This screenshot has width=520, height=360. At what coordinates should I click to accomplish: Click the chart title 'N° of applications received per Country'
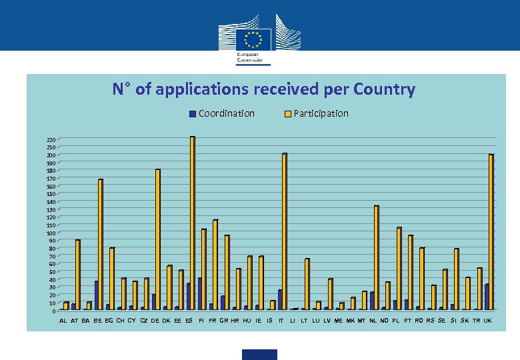pos(263,89)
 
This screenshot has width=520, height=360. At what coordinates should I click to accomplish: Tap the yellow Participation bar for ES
pos(192,223)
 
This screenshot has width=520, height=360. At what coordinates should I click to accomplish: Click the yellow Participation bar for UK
pos(491,232)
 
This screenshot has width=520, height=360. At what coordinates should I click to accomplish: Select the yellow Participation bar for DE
pos(157,239)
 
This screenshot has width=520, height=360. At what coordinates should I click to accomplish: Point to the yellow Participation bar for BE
pos(100,245)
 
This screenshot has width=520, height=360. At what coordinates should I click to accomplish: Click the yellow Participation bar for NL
pos(376,258)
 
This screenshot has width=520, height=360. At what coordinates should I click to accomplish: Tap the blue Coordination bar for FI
pos(199,294)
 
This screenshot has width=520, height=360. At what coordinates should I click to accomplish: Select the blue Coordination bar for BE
pos(96,295)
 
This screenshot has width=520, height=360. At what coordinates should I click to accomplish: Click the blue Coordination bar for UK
pos(487,297)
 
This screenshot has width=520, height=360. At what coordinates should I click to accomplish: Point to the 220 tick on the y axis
pos(51,140)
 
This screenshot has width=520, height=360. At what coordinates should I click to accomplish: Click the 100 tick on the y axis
pos(51,233)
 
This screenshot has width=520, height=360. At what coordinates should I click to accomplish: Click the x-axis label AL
pos(63,321)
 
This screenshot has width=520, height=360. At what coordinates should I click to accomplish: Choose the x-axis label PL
pos(396,321)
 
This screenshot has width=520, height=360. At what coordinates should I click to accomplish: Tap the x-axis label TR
pos(476,321)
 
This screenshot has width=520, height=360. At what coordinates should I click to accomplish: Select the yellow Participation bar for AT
pos(77,275)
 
